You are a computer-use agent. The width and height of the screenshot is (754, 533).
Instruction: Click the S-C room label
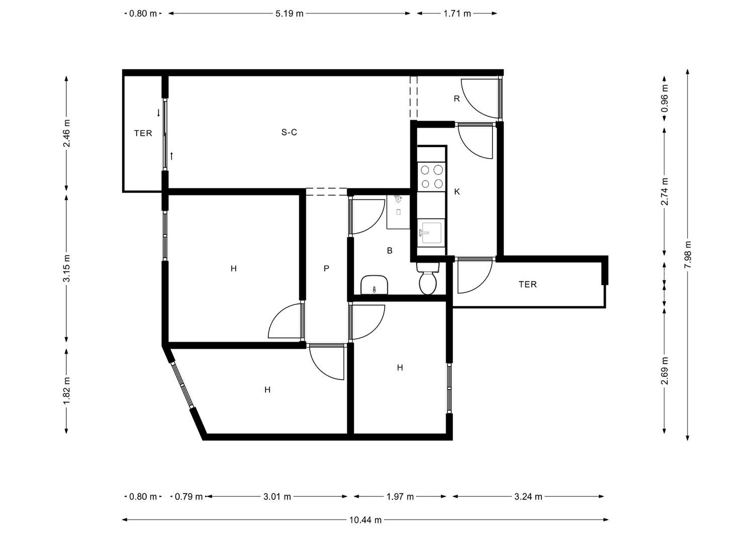[x=289, y=133]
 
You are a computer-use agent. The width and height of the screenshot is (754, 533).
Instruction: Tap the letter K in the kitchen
[x=457, y=191]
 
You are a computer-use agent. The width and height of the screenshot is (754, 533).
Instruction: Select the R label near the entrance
[x=457, y=98]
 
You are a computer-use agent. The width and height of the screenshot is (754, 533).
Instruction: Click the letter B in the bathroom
[x=390, y=250]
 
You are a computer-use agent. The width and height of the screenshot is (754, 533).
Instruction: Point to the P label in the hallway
[x=326, y=269]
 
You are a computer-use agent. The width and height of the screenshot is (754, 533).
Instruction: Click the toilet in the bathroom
[x=428, y=279]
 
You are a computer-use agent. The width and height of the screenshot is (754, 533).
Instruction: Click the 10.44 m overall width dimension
[x=365, y=520]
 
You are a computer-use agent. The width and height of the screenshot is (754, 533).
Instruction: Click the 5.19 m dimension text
[x=290, y=14]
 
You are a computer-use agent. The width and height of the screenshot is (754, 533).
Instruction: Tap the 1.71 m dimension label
[x=457, y=14]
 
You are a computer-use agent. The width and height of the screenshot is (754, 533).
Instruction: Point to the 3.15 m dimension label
[x=67, y=268]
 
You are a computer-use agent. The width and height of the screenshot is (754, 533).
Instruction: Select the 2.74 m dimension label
[x=664, y=191]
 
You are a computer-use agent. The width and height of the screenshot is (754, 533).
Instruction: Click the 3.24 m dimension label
[x=528, y=497]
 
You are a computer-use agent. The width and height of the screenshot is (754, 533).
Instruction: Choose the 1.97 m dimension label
[x=400, y=497]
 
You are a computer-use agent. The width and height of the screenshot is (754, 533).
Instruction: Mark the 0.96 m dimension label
[x=664, y=98]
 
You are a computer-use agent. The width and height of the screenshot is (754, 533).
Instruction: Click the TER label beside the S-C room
[x=143, y=133]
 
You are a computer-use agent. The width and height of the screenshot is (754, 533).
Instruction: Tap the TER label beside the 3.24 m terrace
[x=527, y=285]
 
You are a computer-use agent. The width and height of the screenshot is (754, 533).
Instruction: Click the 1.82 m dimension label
[x=67, y=391]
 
